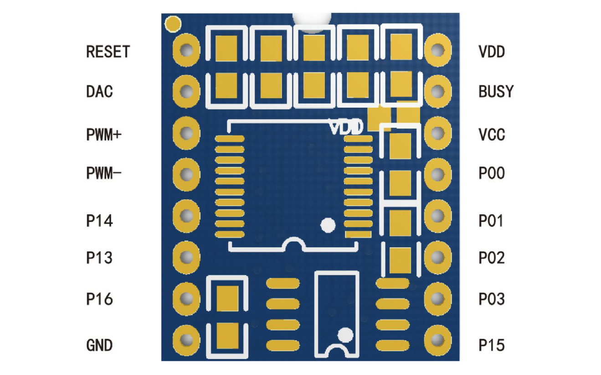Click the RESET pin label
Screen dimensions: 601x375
[x=108, y=52]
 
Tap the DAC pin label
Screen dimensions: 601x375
[x=99, y=92]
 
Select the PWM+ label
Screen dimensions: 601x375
[x=104, y=134]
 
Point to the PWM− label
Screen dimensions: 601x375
[x=104, y=173]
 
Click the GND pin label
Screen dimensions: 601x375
[x=99, y=345]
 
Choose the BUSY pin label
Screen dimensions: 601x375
[x=496, y=91]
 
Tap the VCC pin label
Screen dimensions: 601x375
[x=492, y=134]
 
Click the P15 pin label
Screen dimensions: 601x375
[x=492, y=345]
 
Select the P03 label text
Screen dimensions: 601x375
[x=492, y=299]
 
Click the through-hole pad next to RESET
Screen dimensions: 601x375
[x=186, y=50]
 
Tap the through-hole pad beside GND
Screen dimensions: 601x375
[x=186, y=340]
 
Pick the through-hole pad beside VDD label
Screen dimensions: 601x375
[x=438, y=50]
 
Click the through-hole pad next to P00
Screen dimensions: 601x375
[x=438, y=174]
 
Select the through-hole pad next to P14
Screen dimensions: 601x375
[x=186, y=216]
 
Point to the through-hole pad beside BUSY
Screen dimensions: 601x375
[x=438, y=91]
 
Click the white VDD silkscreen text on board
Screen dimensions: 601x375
[x=346, y=127]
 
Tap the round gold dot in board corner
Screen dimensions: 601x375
[x=173, y=24]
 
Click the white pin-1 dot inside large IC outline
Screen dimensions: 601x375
[x=328, y=225]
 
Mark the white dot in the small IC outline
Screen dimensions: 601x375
[x=345, y=335]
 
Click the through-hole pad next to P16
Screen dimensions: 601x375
[x=186, y=299]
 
